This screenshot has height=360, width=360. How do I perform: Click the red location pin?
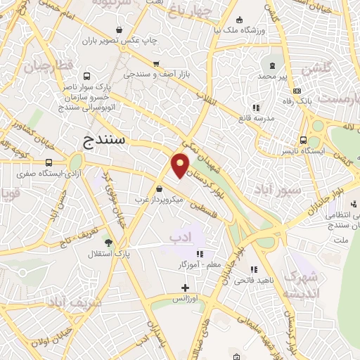point(180,167)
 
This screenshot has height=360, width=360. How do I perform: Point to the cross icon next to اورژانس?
point(185,288)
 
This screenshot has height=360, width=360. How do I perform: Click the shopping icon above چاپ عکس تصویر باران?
point(120,30)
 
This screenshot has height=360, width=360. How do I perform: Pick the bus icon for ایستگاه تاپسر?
point(303,140)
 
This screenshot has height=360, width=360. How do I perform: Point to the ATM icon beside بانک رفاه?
point(297,91)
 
